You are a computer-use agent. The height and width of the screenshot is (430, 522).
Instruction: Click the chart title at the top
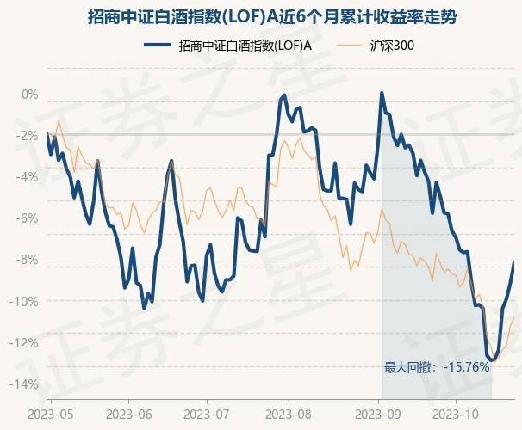pos(260,16)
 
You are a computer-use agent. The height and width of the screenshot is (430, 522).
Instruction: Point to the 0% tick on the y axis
pos(30,94)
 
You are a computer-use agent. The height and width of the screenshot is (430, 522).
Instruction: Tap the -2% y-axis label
pos(28,135)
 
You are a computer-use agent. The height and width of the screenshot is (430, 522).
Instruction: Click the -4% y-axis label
pos(28,176)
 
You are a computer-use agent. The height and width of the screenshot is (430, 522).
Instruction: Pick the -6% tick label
pos(28,218)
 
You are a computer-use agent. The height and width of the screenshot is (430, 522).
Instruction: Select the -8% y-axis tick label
pos(28,259)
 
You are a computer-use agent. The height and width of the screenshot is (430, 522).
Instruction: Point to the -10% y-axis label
pos(26,300)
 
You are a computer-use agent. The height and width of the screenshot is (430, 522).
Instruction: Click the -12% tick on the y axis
pos(26,341)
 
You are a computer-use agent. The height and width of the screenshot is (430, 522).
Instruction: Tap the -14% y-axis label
pos(26,384)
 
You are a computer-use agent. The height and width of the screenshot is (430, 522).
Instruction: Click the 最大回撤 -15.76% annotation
pos(437,367)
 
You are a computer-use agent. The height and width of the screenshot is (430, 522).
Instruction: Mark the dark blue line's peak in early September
pos(382,93)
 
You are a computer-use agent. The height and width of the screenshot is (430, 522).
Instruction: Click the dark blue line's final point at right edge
pos(514,261)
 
